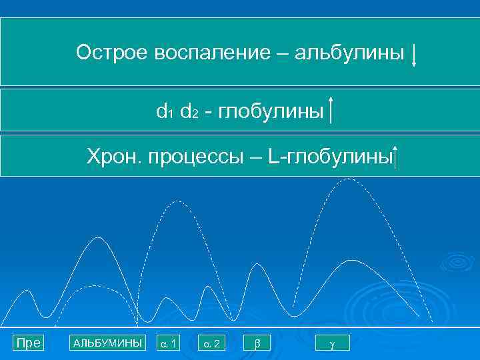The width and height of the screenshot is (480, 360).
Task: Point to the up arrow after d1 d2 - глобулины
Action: [331, 110]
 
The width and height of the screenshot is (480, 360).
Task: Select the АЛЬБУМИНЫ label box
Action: [107, 343]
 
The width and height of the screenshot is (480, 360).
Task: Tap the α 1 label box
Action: [168, 343]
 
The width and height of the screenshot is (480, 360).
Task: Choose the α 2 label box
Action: [213, 343]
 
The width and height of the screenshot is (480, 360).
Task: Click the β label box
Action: [258, 343]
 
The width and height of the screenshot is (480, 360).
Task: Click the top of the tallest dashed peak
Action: [347, 179]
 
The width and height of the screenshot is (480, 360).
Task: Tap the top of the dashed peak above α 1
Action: [175, 201]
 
